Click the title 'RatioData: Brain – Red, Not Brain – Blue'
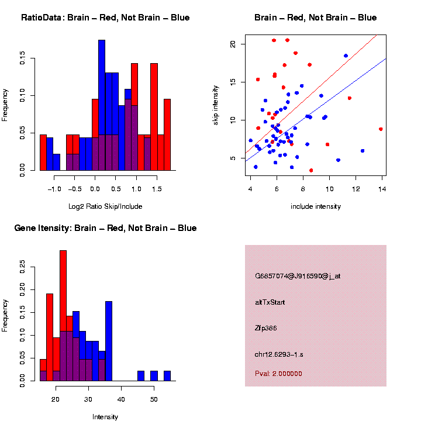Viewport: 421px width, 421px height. point(105,18)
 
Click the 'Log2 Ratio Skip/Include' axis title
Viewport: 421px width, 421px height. point(105,206)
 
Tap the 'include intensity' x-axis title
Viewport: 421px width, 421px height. point(316,206)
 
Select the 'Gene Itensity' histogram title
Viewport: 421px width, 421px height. point(105,228)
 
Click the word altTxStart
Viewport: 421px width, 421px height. point(270,302)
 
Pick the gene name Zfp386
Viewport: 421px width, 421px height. point(266,328)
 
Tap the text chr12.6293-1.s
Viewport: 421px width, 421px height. point(279,354)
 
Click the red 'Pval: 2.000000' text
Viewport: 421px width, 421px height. point(278,374)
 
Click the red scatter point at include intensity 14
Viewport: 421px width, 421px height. point(381,129)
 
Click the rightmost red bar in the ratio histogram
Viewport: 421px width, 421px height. point(167,134)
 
